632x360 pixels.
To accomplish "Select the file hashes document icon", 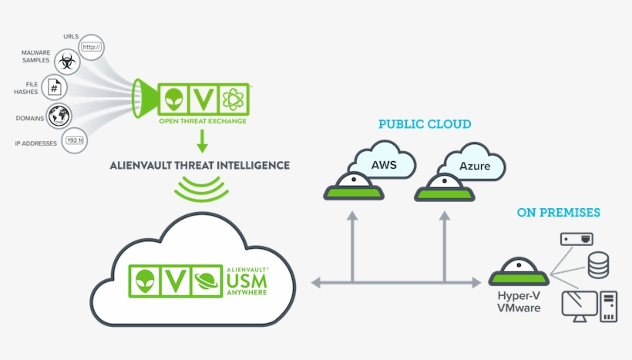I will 55,88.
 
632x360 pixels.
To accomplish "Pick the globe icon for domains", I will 59,116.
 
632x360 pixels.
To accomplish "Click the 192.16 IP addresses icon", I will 76,141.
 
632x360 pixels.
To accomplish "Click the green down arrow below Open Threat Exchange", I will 203,141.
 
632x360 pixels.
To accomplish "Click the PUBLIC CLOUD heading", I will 425,124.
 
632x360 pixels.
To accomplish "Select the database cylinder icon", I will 598,265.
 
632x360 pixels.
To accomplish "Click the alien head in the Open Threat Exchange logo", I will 173,99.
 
